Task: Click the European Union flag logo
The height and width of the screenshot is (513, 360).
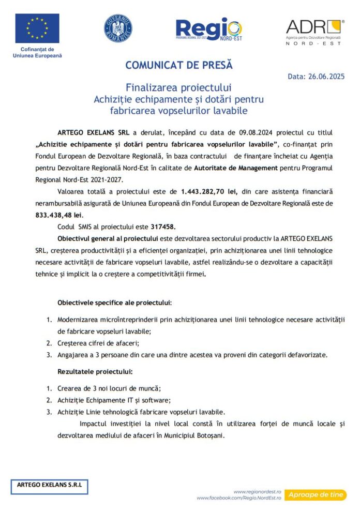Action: pyautogui.click(x=37, y=28)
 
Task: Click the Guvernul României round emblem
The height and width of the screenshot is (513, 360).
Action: pyautogui.click(x=118, y=28)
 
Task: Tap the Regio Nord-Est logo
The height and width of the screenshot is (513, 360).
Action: pyautogui.click(x=208, y=29)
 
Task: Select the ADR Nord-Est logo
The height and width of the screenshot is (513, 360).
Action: pyautogui.click(x=313, y=32)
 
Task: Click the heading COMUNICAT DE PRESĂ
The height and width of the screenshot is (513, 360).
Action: pyautogui.click(x=179, y=66)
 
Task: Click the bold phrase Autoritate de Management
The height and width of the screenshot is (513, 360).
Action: pyautogui.click(x=233, y=168)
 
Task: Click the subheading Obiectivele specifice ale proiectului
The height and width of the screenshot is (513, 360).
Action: pyautogui.click(x=114, y=302)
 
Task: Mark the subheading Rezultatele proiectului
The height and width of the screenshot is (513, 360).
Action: pyautogui.click(x=95, y=371)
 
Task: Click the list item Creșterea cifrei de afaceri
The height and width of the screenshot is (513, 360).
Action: pyautogui.click(x=98, y=342)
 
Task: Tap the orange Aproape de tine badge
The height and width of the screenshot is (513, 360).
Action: pyautogui.click(x=316, y=495)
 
